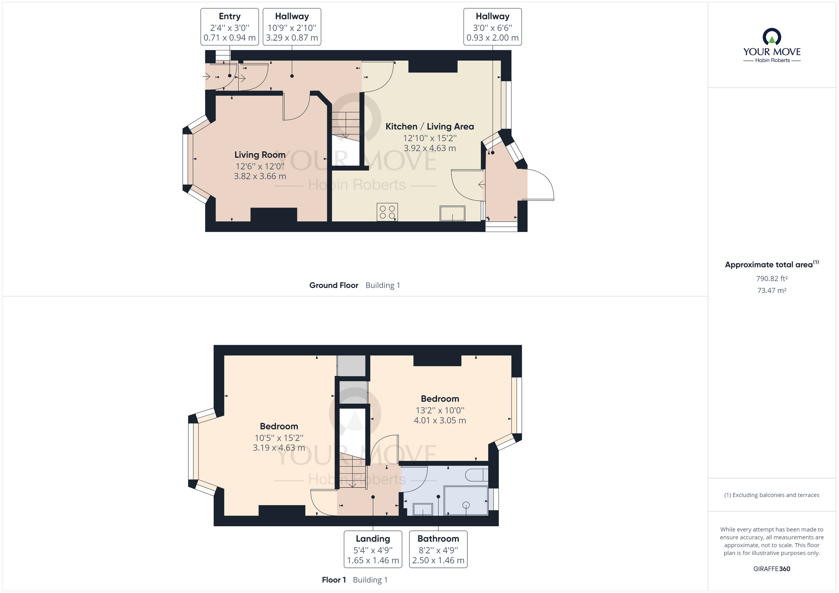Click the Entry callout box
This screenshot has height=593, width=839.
coord(229,27)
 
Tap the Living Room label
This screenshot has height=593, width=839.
coord(260,155)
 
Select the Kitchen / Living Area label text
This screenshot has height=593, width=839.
coord(429,127)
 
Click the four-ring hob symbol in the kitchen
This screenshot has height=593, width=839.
coord(387,212)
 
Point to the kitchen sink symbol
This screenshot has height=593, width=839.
coord(452,213)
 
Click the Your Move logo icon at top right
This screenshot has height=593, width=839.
coord(772,37)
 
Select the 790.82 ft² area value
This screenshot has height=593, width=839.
coord(772,279)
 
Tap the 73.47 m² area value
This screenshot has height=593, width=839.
coord(772,291)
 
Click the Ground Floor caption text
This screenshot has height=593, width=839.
coord(333,286)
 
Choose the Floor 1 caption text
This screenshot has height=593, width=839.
coord(333,580)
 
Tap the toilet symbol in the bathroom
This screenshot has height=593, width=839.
coord(476,475)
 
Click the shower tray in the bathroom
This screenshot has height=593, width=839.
coord(466,500)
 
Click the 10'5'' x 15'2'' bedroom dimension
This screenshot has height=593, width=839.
coord(279,438)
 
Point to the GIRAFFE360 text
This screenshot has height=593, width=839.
coord(772,569)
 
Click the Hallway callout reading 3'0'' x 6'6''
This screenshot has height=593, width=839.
coord(492,27)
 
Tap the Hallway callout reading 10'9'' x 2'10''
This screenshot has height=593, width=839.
coord(292,27)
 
